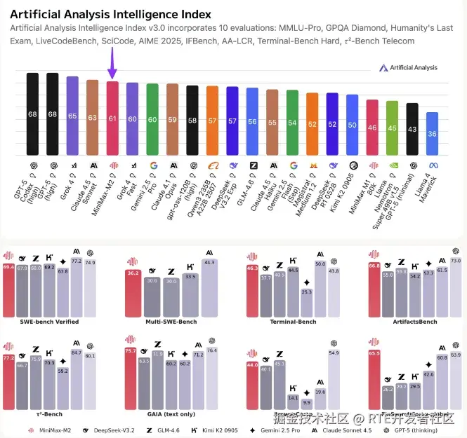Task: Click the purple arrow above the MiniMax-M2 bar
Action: [112, 69]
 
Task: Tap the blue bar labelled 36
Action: [432, 133]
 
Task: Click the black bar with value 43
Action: [412, 129]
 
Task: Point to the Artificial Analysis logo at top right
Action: [408, 68]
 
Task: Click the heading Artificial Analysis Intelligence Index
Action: [106, 14]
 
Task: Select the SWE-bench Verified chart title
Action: [49, 322]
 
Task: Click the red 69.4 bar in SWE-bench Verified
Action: [9, 289]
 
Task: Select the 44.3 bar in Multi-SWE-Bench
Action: [209, 287]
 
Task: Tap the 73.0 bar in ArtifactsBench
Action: [455, 287]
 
